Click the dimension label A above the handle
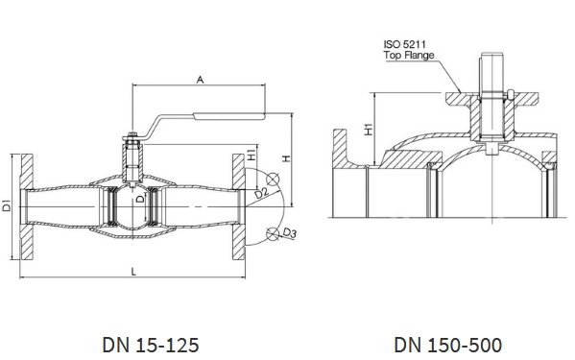[x=200, y=80]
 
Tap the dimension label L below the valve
[x=133, y=272]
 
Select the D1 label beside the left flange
[x=6, y=205]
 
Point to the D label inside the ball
[x=140, y=199]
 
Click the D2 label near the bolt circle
[x=262, y=192]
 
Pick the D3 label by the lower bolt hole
[x=290, y=232]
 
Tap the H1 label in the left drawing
[x=252, y=155]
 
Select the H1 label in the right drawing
[x=369, y=130]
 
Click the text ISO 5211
[x=405, y=44]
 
